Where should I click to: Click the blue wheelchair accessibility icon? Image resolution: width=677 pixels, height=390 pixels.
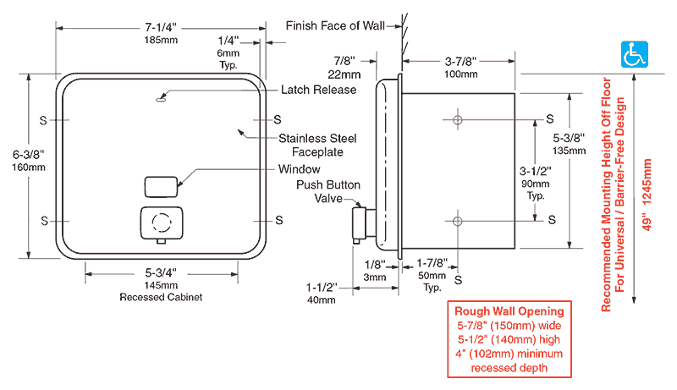tap(634, 54)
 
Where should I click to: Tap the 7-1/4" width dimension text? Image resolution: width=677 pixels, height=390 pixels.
tap(161, 28)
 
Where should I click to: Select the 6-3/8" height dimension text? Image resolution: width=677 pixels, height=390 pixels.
tap(29, 155)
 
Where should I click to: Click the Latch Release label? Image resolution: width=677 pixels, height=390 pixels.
tap(319, 90)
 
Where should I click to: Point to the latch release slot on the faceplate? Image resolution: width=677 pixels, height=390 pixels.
tap(161, 100)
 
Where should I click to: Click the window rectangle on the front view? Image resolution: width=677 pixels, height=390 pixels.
tap(161, 187)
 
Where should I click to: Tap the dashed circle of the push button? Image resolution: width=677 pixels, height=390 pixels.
tap(162, 222)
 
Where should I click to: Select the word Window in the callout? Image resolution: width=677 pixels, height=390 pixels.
tap(300, 169)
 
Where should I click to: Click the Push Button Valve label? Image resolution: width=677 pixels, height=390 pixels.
tap(328, 191)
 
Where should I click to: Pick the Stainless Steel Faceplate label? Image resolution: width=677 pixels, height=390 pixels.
tap(317, 145)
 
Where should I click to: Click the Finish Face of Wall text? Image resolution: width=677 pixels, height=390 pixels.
tap(335, 26)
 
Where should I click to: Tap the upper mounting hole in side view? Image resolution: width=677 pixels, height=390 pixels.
tap(458, 119)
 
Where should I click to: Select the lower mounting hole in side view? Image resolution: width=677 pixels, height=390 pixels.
tap(458, 222)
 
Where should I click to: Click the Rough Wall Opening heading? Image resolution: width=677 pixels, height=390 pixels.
tap(509, 311)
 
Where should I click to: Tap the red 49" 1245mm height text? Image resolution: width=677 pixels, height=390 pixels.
tap(647, 195)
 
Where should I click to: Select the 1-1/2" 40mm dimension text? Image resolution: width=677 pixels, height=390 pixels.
tap(322, 294)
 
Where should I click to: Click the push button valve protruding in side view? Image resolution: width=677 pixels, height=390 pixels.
tap(361, 224)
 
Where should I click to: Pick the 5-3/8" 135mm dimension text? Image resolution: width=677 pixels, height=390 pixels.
tap(569, 144)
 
